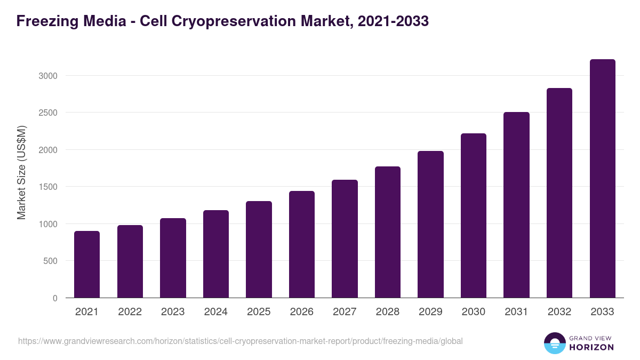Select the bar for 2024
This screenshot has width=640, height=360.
point(216,254)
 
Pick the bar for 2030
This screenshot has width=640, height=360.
point(474,215)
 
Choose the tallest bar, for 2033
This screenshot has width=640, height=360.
point(602,178)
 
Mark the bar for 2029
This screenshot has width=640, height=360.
point(430,224)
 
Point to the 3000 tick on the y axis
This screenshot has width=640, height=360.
point(47,76)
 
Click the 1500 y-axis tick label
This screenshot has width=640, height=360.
point(47,187)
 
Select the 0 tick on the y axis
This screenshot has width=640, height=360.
point(55,298)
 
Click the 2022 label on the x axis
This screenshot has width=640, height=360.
point(130,312)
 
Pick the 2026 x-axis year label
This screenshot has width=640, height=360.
point(302,312)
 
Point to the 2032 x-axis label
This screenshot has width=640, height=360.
point(559,312)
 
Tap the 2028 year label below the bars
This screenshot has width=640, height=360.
point(388,312)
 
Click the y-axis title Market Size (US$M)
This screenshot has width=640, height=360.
point(21,172)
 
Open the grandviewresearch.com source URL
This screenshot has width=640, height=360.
point(240,341)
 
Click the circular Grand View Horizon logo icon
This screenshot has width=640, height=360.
point(554,343)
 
